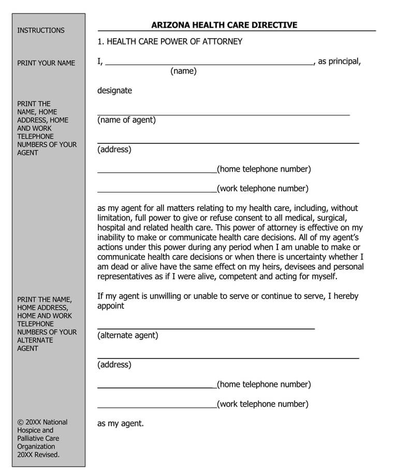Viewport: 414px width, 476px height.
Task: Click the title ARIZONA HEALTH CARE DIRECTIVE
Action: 224,25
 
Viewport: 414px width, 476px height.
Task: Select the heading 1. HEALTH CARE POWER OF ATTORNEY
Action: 170,41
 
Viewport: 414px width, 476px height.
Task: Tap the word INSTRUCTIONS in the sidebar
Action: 41,31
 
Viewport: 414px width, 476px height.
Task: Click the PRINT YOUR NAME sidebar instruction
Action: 46,63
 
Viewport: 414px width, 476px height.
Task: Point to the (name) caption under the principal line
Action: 183,71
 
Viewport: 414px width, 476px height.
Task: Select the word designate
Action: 114,91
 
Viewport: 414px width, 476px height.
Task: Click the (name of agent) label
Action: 126,120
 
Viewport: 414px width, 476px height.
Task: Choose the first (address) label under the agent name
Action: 114,150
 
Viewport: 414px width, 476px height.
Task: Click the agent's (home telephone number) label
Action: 264,169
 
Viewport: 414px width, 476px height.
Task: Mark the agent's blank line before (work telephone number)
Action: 157,191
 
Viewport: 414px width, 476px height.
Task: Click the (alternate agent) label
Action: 128,335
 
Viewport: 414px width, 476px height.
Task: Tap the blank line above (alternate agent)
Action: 205,328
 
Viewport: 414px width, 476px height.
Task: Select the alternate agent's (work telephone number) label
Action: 262,404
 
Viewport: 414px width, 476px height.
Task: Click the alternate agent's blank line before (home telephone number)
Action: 157,386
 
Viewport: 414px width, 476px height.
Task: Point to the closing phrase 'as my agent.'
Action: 121,424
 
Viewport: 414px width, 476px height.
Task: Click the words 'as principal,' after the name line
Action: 339,62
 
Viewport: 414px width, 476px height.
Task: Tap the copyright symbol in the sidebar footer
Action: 20,422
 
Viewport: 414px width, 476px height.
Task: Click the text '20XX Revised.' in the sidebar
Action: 38,455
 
